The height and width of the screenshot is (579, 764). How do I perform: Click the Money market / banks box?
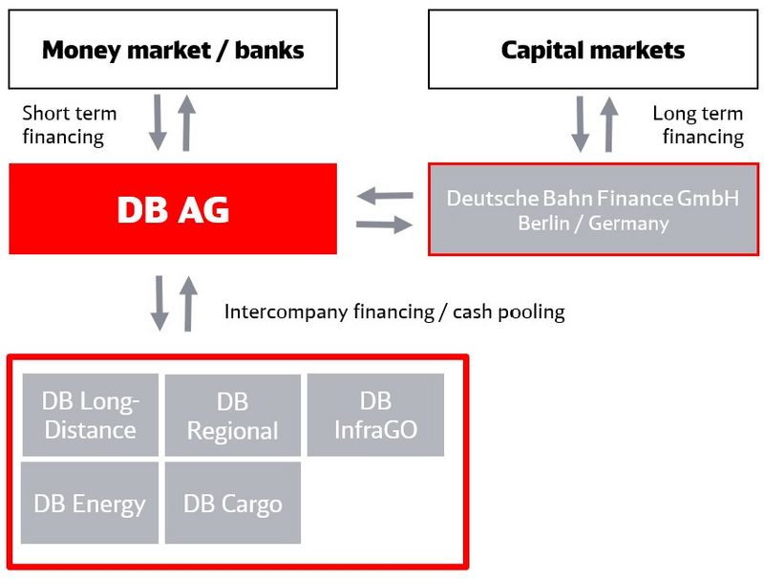173,50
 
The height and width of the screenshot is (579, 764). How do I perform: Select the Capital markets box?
593,50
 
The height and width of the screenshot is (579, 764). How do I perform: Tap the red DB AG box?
173,208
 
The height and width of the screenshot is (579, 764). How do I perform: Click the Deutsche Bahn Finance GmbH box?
593,209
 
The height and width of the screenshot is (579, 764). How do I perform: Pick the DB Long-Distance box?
90,415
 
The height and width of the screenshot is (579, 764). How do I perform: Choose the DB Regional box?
233,415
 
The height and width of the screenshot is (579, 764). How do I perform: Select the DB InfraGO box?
375,415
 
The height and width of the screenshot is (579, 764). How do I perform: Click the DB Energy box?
90,503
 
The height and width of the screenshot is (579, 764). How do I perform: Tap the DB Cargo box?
233,503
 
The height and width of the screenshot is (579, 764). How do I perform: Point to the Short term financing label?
69,125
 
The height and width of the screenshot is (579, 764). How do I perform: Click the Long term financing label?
698,125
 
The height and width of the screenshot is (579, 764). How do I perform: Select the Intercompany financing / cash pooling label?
394,311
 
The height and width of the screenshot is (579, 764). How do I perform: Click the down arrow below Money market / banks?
158,122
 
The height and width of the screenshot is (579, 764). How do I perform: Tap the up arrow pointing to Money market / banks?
186,122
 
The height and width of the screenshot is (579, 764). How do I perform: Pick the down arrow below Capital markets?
580,124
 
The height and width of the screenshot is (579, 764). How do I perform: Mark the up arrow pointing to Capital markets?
608,124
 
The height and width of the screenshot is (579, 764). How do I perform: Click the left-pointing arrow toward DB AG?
385,196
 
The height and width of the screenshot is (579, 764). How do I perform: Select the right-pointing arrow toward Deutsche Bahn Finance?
385,225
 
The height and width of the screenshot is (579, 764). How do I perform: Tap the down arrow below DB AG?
159,303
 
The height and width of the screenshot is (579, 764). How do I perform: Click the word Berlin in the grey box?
543,224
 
